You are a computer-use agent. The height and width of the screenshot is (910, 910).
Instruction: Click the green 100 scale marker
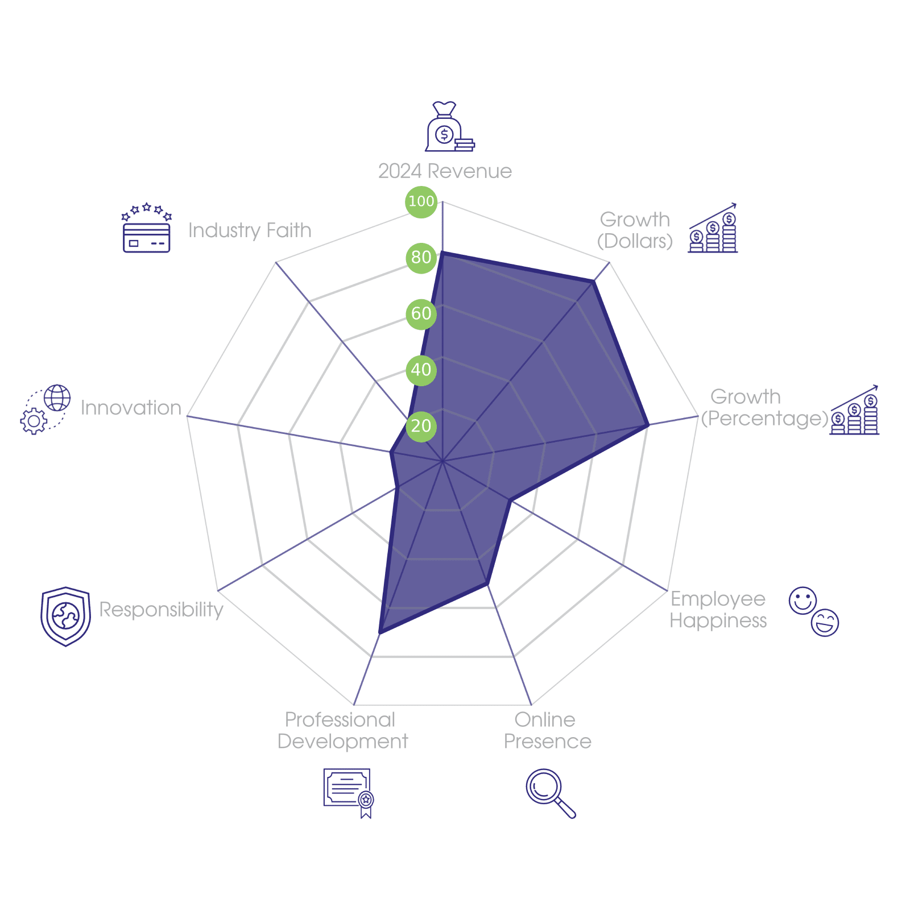(x=421, y=201)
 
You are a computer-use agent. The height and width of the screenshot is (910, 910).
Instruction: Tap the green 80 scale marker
(x=421, y=258)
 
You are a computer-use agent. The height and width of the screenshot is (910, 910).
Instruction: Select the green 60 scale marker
(x=421, y=314)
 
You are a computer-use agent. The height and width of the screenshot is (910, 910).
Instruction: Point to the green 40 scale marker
(x=421, y=370)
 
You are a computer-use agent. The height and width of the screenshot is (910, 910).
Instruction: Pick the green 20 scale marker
(x=421, y=426)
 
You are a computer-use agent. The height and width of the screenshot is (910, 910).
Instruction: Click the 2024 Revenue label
(x=445, y=171)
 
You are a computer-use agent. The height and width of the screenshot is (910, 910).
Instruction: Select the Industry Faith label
(x=250, y=230)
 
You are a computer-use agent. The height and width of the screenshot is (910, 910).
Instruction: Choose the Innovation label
(x=131, y=408)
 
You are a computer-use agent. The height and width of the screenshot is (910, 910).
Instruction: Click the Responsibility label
(x=162, y=610)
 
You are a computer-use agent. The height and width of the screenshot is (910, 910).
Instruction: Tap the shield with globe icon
(x=65, y=617)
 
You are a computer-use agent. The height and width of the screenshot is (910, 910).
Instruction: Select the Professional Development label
(x=342, y=731)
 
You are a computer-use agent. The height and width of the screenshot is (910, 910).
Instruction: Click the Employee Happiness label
(x=718, y=610)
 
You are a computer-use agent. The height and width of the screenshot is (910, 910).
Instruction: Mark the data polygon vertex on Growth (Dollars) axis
(x=595, y=280)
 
